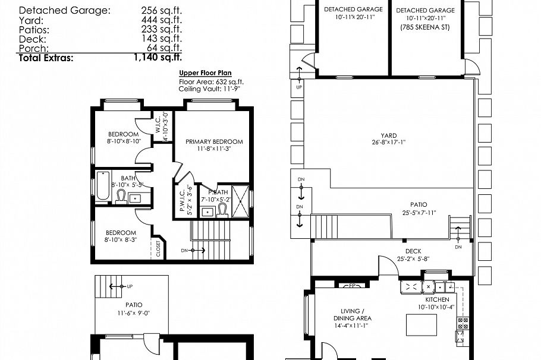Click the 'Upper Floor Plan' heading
[202, 73]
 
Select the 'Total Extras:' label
[46, 58]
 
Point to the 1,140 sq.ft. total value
[158, 58]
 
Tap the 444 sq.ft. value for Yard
[162, 20]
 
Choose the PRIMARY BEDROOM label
[214, 141]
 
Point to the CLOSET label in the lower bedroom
[158, 249]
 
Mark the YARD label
[389, 135]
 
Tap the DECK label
[413, 251]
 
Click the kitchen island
[421, 326]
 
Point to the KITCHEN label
[437, 299]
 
